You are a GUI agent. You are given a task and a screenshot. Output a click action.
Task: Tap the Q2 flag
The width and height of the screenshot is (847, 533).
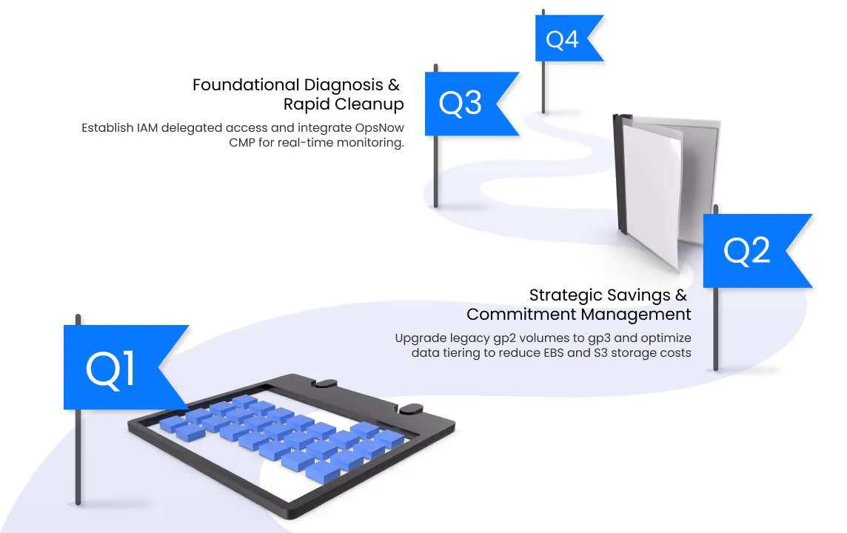coord(748,252)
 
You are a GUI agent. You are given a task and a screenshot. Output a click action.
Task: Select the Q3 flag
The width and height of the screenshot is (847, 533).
coord(463,104)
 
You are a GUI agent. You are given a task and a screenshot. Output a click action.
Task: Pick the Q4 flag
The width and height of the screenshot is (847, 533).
coord(564,39)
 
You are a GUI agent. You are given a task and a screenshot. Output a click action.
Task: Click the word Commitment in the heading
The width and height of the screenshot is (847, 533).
coord(521,314)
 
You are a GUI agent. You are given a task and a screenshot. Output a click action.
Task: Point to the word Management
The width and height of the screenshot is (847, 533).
coord(636,314)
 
